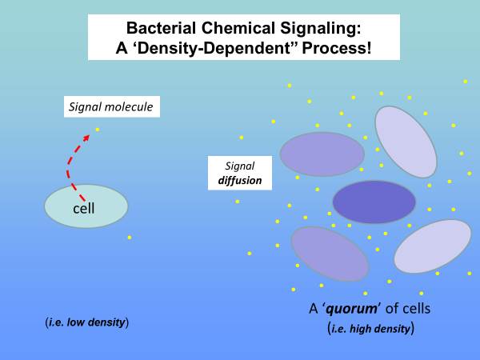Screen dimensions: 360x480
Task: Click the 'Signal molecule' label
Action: [111, 106]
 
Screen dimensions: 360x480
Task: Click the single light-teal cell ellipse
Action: [86, 206]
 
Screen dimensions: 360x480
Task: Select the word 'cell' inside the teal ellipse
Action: [84, 209]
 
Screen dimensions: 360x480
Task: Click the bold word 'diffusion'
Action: [240, 181]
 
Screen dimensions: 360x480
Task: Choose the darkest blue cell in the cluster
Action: [374, 202]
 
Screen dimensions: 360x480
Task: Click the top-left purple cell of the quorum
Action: [322, 154]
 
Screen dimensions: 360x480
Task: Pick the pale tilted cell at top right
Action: [406, 141]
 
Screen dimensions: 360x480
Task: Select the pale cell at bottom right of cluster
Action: [432, 246]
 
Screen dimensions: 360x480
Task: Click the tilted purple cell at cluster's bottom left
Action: [329, 253]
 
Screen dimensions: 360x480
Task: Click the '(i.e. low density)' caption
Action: [87, 322]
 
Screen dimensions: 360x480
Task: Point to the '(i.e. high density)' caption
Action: [371, 328]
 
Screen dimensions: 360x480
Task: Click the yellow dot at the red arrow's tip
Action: [98, 129]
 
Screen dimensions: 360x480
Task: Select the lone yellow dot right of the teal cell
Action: [130, 237]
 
